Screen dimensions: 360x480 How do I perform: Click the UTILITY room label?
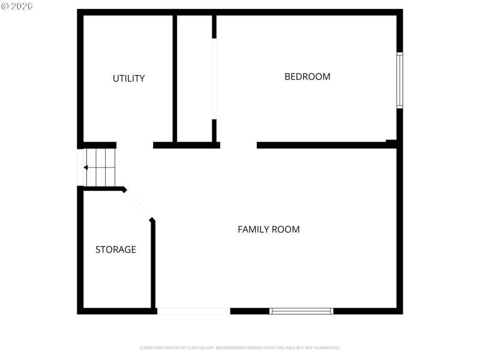[128, 79]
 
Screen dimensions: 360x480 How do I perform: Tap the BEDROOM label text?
[307, 77]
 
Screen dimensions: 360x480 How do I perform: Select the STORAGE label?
[115, 250]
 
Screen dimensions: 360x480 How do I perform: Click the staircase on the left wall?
[100, 167]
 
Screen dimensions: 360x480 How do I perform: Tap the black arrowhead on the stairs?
[86, 167]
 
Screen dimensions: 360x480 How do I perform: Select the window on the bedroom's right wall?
[400, 80]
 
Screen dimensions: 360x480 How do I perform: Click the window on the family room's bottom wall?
[301, 311]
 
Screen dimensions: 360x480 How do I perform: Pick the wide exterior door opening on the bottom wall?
[193, 311]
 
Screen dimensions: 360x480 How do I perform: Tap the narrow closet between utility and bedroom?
[194, 78]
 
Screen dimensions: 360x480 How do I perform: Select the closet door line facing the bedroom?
[214, 78]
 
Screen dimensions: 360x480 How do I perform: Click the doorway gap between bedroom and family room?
[238, 145]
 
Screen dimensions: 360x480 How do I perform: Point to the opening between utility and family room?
[134, 145]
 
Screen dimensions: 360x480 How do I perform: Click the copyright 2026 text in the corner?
[17, 6]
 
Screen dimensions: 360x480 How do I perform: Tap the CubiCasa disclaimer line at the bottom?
[240, 347]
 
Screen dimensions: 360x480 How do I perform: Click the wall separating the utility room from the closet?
[175, 78]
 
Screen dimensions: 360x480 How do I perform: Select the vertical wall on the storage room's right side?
[153, 264]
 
